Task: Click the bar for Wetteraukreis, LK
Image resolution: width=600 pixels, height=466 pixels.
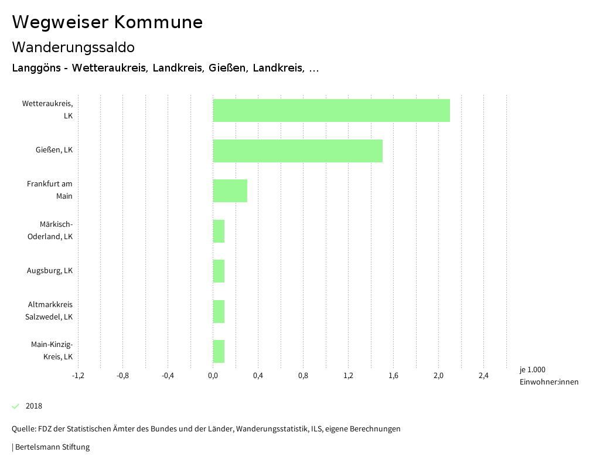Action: click(331, 110)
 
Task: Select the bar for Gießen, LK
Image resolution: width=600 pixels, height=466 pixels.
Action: click(298, 151)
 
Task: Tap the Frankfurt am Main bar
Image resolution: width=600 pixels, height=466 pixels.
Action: click(230, 191)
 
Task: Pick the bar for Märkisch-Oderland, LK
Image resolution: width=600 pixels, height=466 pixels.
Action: click(219, 231)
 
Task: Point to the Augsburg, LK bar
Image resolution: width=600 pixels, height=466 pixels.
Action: click(219, 271)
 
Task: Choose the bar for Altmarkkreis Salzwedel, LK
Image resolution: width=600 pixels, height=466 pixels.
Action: click(219, 311)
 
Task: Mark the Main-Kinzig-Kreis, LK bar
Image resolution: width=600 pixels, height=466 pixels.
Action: click(219, 351)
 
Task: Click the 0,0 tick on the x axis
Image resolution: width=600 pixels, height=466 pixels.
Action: click(213, 376)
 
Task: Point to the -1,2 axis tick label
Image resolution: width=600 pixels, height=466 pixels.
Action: click(77, 376)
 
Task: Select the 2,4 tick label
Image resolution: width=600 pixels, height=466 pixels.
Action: click(483, 376)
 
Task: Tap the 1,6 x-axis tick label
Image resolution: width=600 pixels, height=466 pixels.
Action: click(393, 376)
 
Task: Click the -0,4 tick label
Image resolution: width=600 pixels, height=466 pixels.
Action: click(168, 376)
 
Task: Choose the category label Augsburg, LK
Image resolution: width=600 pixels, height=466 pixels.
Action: click(50, 271)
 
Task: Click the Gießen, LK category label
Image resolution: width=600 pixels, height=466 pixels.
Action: click(54, 150)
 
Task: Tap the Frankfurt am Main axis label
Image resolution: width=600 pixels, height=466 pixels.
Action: click(50, 190)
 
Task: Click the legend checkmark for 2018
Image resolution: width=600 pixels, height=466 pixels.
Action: click(16, 406)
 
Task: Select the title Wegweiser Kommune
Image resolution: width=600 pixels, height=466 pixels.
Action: click(107, 22)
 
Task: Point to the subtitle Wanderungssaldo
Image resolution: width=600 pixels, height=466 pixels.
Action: click(73, 47)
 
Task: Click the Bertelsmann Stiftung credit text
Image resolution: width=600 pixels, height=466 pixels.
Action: click(52, 447)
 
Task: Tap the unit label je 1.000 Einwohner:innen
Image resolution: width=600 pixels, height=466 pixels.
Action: click(548, 376)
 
